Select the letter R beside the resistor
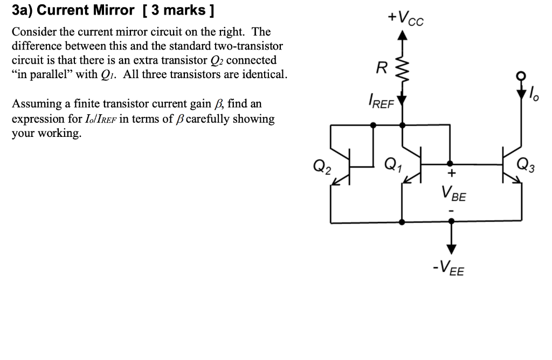pyautogui.click(x=381, y=68)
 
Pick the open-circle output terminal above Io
pyautogui.click(x=522, y=77)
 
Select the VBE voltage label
pyautogui.click(x=453, y=192)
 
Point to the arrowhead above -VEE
pyautogui.click(x=451, y=248)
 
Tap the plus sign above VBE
pyautogui.click(x=452, y=174)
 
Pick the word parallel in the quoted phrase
pyautogui.click(x=54, y=74)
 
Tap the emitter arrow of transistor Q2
pyautogui.click(x=337, y=183)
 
